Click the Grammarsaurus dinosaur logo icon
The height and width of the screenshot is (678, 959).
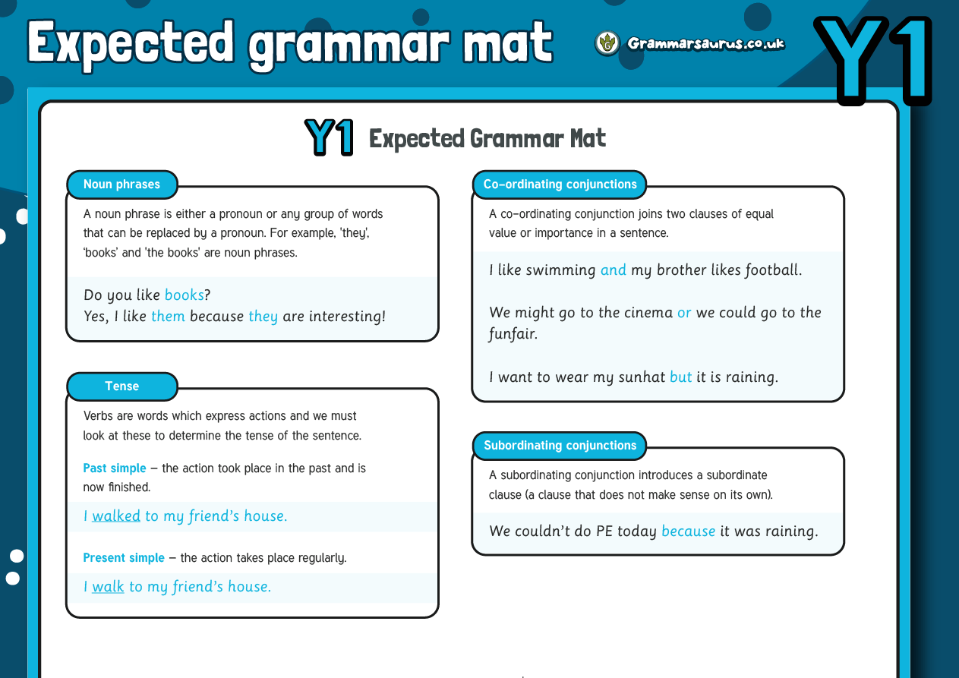click(607, 43)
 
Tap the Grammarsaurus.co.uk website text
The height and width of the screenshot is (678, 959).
click(705, 43)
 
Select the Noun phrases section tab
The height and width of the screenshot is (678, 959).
click(122, 184)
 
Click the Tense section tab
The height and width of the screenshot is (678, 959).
click(122, 386)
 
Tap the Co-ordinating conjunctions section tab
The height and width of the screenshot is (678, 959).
click(560, 184)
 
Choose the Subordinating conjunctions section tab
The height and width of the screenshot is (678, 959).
click(560, 446)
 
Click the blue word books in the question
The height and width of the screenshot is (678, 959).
click(184, 295)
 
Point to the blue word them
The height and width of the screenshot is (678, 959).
click(168, 317)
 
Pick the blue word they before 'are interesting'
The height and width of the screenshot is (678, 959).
click(263, 317)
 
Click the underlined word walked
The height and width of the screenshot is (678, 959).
click(116, 516)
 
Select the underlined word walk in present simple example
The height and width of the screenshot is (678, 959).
click(108, 587)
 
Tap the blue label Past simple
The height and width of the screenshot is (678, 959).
click(115, 468)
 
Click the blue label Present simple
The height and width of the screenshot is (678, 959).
click(124, 558)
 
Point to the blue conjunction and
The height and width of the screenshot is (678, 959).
click(613, 270)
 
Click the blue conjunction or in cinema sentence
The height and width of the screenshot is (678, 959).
click(684, 313)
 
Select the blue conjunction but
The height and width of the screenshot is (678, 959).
click(680, 377)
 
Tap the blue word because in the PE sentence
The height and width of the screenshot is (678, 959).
click(688, 531)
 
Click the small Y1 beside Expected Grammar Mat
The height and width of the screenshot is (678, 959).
click(330, 138)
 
